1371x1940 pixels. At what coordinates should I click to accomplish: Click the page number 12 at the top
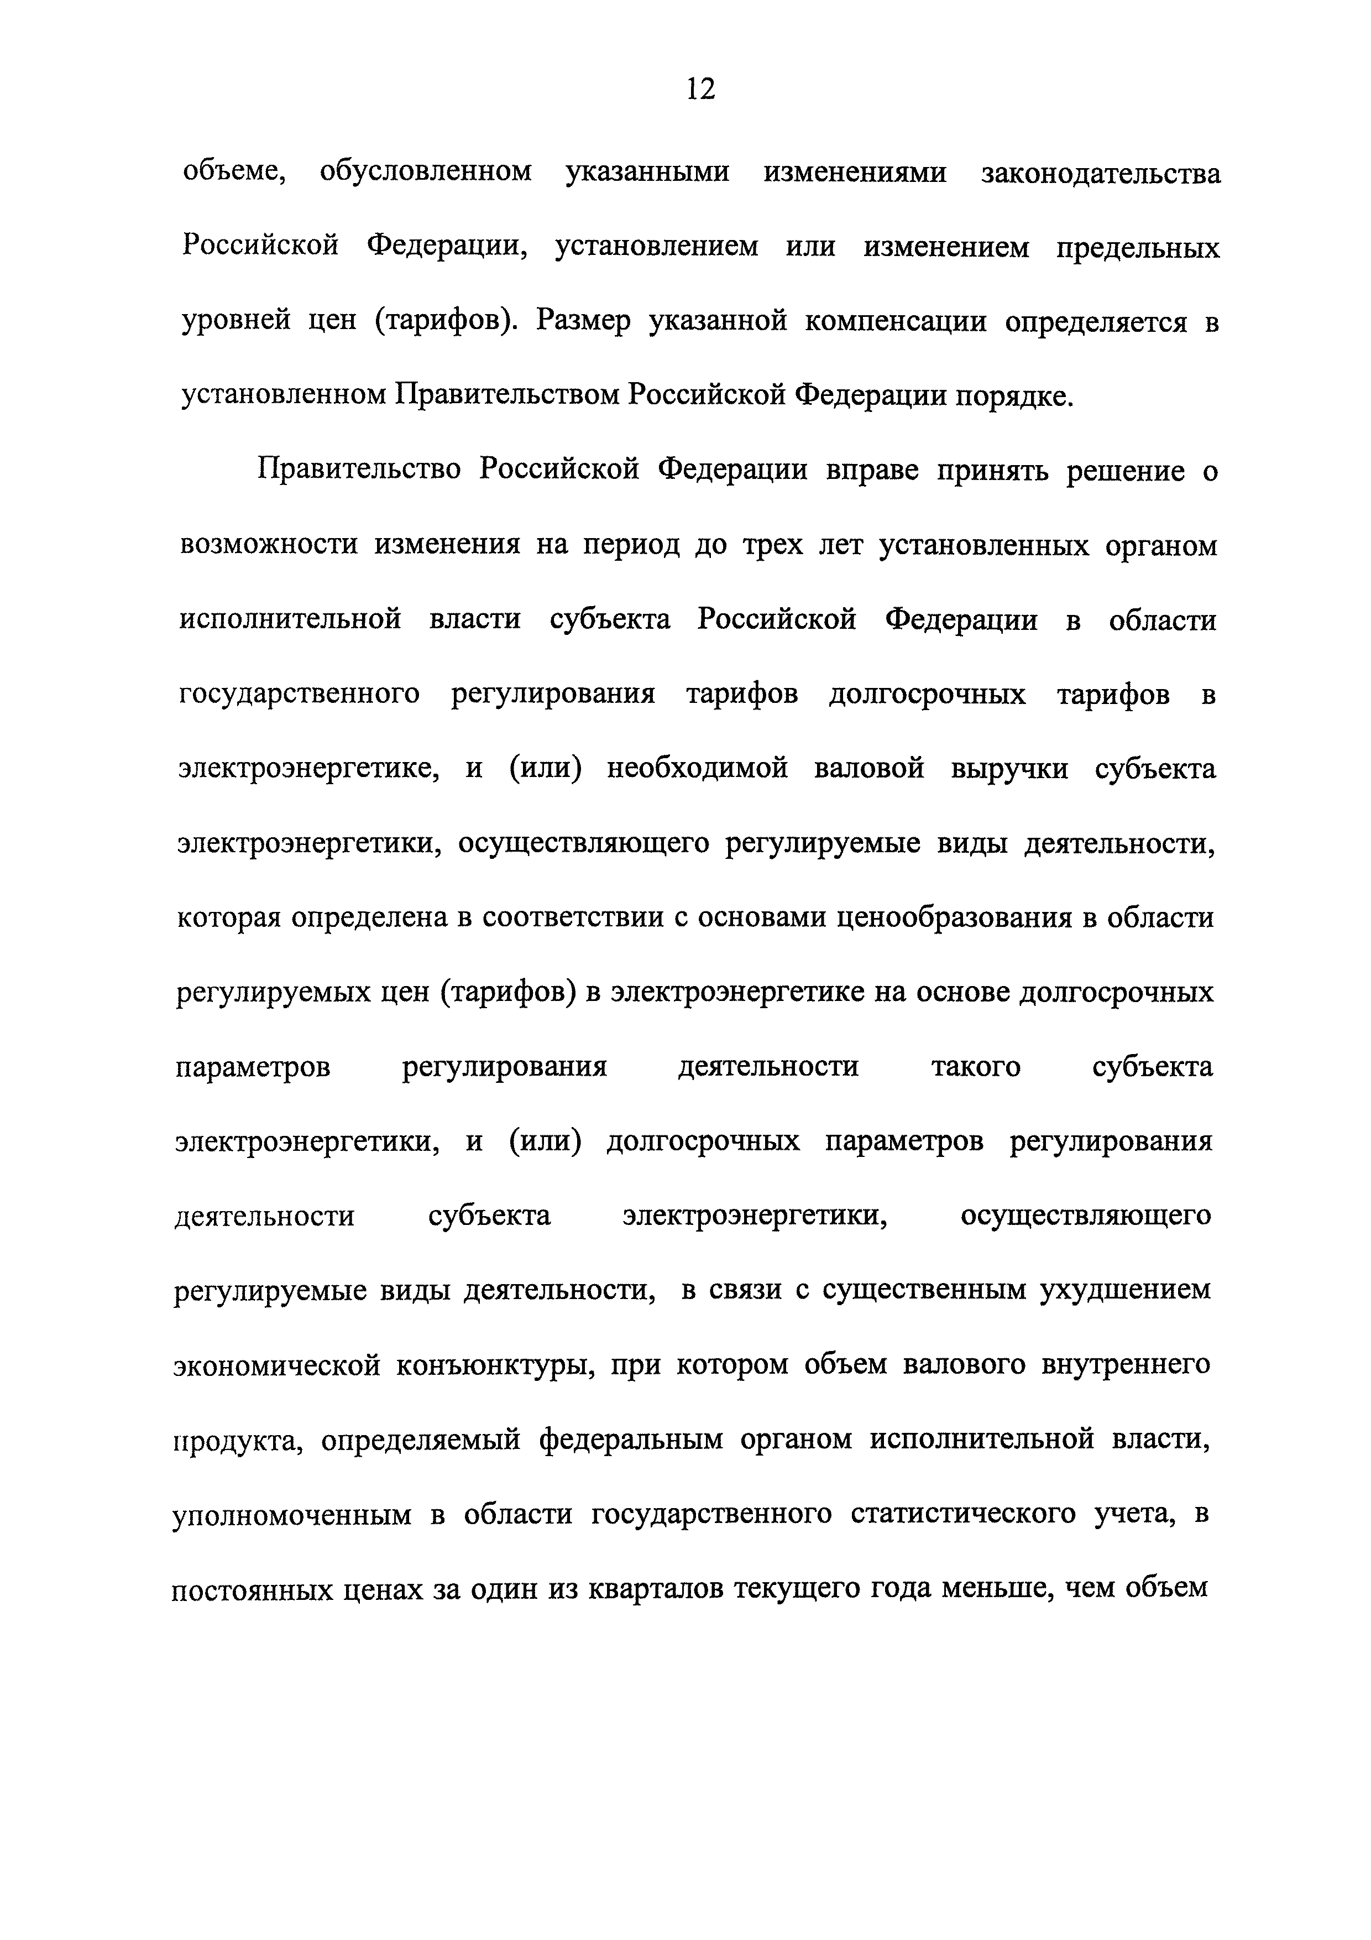[700, 88]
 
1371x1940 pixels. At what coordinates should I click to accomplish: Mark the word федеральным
[631, 1440]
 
